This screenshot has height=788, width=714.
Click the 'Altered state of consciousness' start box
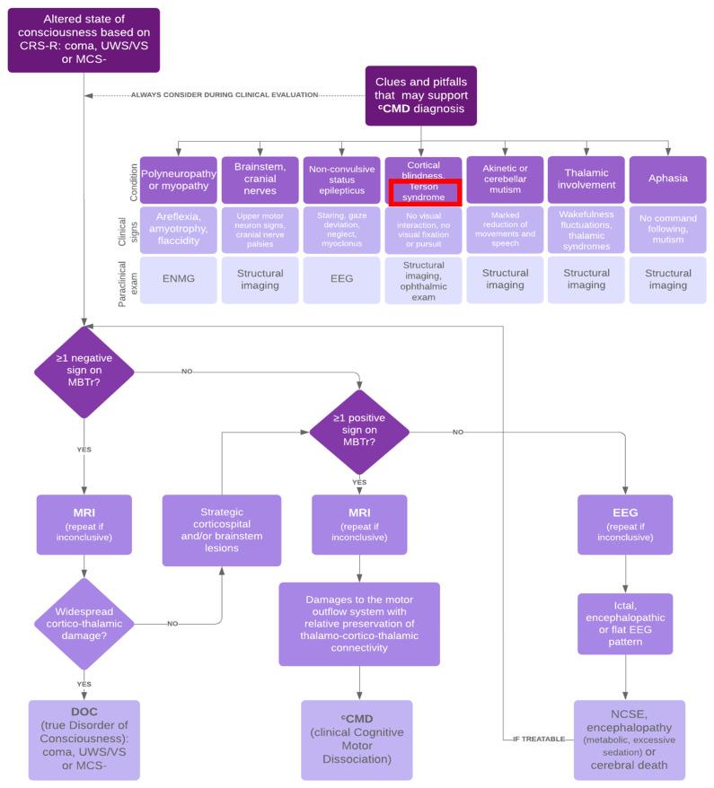coord(84,39)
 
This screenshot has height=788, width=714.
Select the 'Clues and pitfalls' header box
coord(420,95)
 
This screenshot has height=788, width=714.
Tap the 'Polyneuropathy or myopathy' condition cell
coord(178,179)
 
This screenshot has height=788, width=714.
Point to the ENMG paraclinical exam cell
coord(178,279)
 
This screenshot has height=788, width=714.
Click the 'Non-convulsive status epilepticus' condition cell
coord(341,179)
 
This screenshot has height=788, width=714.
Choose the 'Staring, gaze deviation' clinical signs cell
coord(341,230)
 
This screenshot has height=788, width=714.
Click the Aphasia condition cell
coord(667,179)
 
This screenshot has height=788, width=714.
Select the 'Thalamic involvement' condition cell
coord(586,179)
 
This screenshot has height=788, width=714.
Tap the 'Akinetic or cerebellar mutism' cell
coord(505,179)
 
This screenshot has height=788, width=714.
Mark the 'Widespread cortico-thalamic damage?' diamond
coord(84,622)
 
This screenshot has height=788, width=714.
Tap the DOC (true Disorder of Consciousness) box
coord(84,740)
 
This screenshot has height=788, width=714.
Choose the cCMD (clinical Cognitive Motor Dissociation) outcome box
coord(357,740)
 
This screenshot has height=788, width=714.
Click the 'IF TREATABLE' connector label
coord(539,738)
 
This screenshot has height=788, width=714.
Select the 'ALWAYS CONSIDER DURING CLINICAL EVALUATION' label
coord(225,94)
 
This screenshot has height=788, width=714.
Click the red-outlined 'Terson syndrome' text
coord(424,192)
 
